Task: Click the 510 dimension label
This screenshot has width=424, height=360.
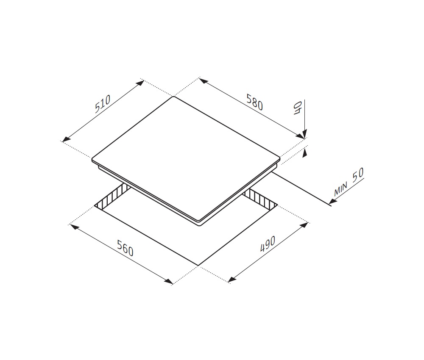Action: tap(103, 104)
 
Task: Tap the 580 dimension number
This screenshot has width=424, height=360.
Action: tap(254, 102)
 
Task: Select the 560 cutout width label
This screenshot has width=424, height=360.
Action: tap(126, 248)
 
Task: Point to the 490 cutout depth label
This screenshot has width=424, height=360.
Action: tap(268, 244)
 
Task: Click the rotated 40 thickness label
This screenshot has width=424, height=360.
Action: tap(298, 108)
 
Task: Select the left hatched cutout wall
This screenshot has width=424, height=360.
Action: tap(112, 197)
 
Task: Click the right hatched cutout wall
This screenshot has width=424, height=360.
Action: tap(260, 199)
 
